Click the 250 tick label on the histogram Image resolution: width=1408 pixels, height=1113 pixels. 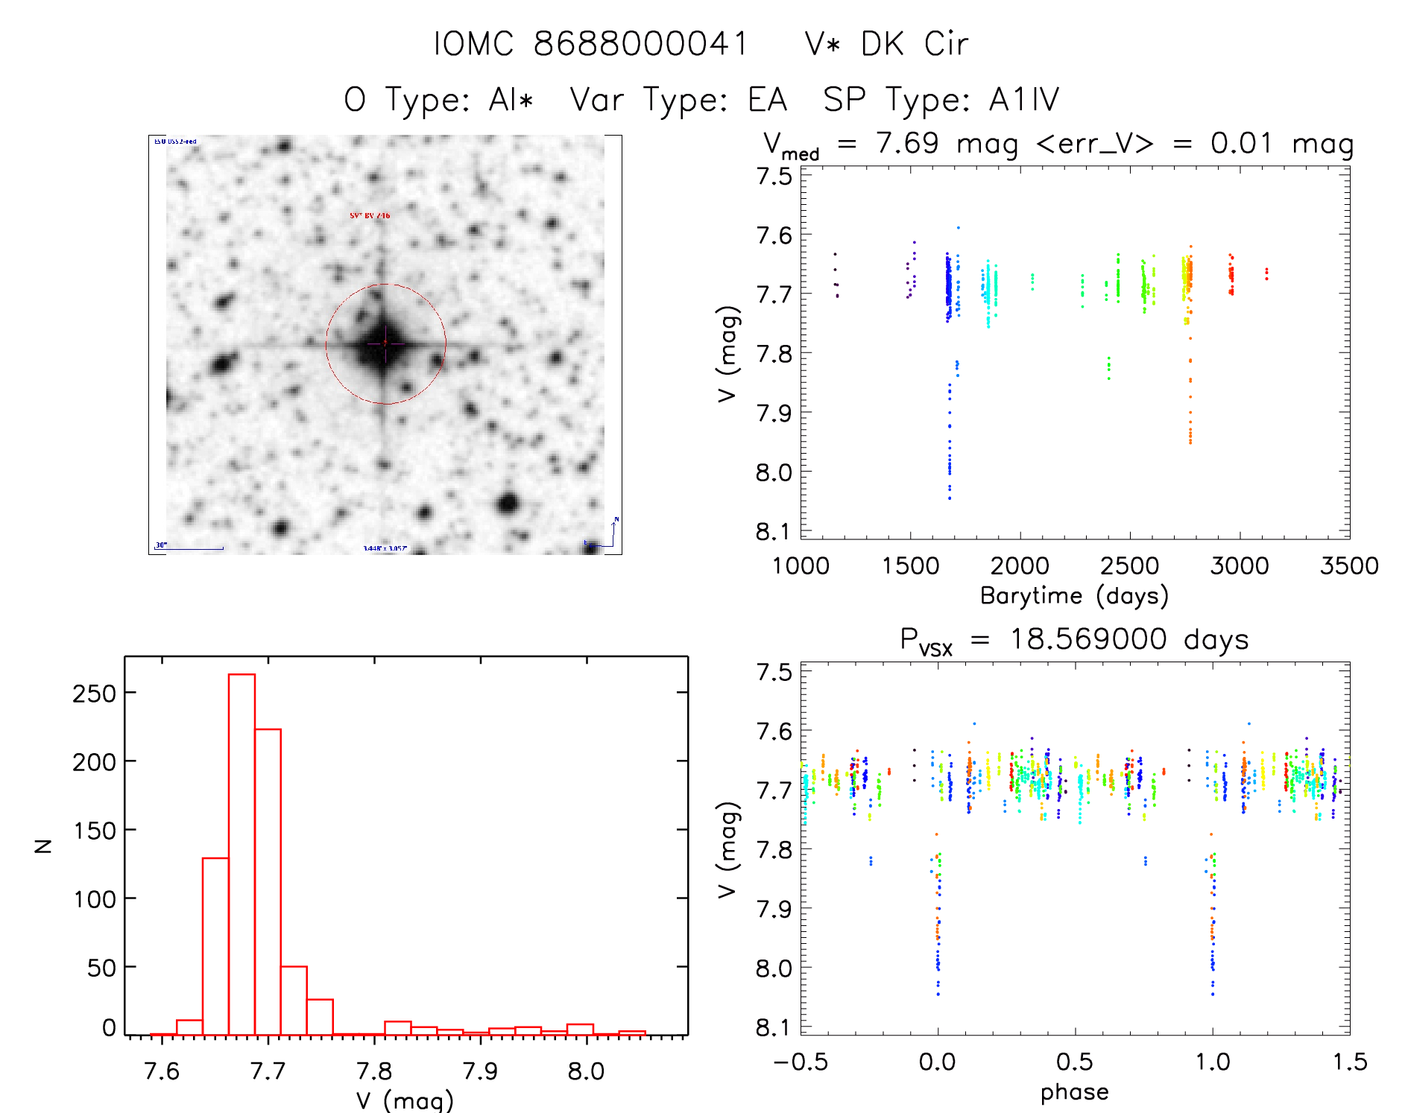point(94,694)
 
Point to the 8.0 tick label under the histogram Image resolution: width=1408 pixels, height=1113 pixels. point(586,1071)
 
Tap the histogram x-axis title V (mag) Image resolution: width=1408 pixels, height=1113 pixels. point(405,1100)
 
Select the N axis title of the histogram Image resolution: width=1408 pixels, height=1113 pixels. point(44,846)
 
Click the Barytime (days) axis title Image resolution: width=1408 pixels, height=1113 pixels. point(1074,596)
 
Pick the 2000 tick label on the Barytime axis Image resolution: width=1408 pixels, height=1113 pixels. point(1020,565)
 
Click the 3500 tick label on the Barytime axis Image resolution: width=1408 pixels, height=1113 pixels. point(1349,565)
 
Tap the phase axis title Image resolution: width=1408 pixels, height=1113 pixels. point(1074,1092)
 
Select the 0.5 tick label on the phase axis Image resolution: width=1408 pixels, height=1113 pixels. point(1075,1062)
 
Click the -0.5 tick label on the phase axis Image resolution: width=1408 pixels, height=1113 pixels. point(801,1062)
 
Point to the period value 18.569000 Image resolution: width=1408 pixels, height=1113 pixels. point(1088,639)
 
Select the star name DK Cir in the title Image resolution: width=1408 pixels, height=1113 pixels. point(915,44)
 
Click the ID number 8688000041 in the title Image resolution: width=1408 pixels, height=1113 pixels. point(641,44)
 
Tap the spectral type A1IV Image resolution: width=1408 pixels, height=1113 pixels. point(1023,100)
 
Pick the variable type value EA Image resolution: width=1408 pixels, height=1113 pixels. point(768,100)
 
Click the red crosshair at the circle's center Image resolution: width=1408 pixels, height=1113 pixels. point(385,343)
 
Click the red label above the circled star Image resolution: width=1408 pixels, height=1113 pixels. point(370,216)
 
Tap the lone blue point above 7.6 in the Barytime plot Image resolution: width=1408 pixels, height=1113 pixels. point(959,228)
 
